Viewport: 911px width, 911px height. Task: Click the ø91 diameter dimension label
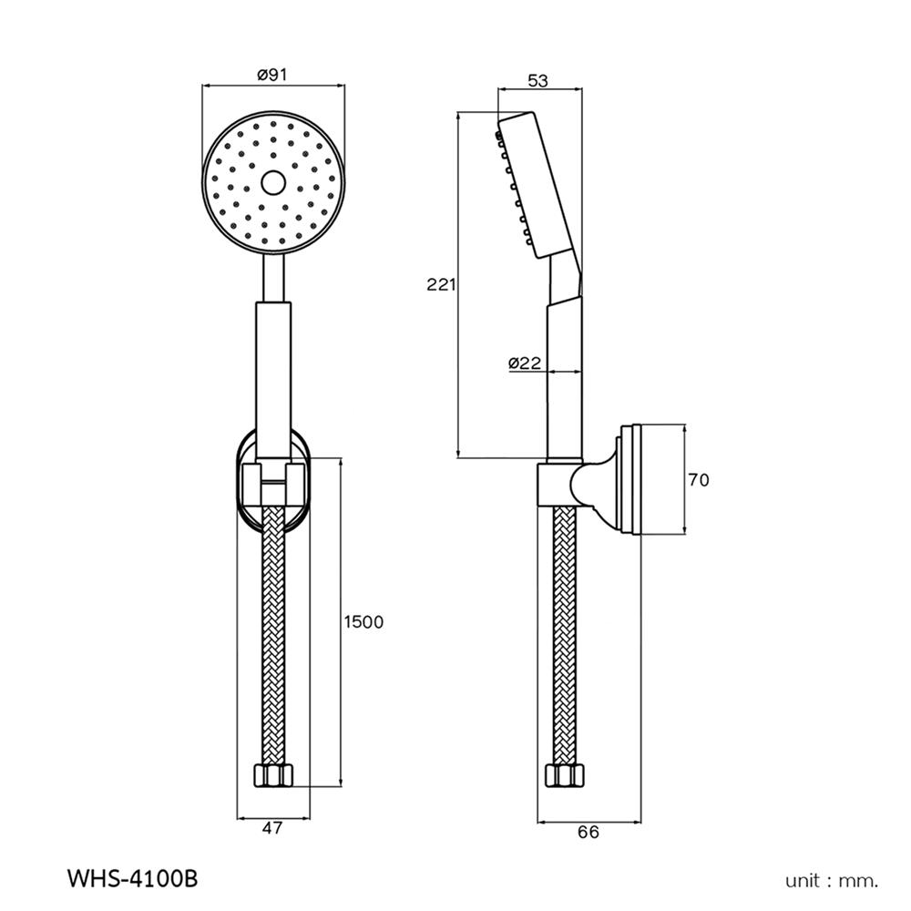click(272, 76)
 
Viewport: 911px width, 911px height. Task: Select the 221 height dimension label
click(441, 284)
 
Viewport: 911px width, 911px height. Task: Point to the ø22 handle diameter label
click(525, 363)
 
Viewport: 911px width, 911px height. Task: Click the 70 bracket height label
click(698, 479)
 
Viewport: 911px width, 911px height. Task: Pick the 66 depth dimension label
click(589, 832)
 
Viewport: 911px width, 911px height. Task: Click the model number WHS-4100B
click(132, 879)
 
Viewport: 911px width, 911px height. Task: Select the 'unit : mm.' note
click(832, 880)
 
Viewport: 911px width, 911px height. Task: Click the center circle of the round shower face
click(272, 182)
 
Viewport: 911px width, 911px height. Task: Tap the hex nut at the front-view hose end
click(272, 776)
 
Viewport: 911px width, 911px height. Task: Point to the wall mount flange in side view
click(629, 479)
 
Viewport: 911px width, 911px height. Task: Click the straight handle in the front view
click(272, 374)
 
